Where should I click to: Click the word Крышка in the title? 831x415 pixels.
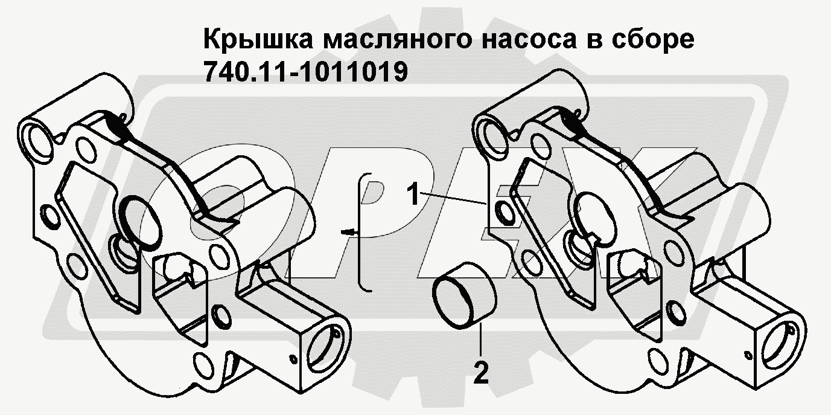(x=258, y=40)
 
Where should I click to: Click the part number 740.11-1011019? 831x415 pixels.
(x=306, y=72)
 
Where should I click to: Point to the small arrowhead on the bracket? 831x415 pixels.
(x=348, y=232)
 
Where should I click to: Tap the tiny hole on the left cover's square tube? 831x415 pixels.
(x=293, y=359)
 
